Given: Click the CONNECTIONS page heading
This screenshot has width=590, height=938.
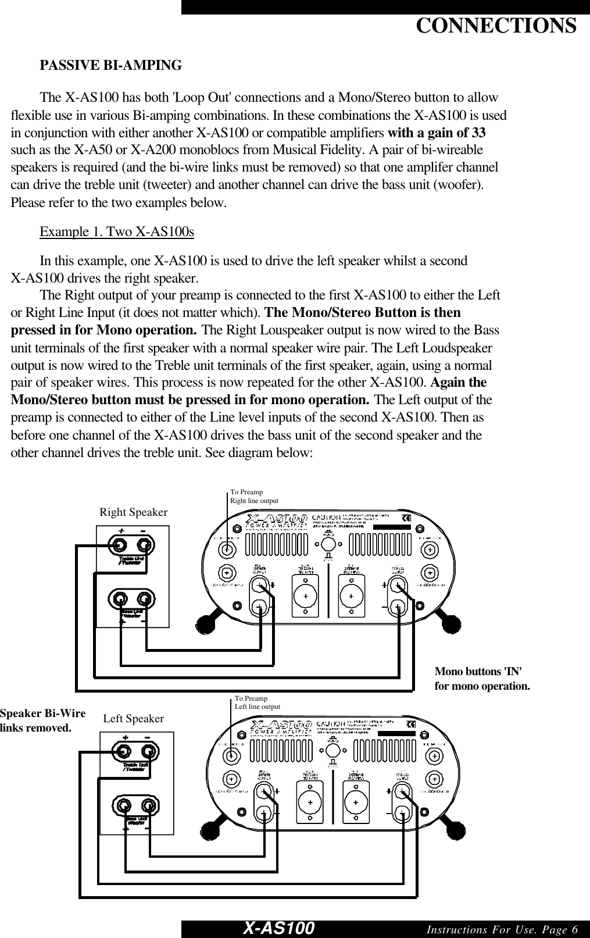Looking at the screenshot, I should coord(496,26).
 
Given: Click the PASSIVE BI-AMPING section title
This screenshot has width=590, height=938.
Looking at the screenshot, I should coord(110,65).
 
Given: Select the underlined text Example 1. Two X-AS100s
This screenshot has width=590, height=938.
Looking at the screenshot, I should coord(116,232).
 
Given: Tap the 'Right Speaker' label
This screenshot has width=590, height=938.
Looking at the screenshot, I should coord(133,512).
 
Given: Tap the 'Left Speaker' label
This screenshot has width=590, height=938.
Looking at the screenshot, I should coord(133,719).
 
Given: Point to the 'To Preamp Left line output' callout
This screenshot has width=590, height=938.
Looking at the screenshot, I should coord(257,702).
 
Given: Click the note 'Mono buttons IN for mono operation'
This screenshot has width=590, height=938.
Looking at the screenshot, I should coord(482,679).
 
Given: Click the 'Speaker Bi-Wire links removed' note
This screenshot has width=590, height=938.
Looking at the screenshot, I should coord(42,720).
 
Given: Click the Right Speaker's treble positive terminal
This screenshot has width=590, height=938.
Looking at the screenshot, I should coord(120,545).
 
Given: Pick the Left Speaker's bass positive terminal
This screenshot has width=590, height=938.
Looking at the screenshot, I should coord(124,805).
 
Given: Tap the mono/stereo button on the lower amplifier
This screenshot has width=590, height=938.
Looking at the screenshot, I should coord(332,751).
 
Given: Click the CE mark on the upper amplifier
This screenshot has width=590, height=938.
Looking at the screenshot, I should coord(407,517).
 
